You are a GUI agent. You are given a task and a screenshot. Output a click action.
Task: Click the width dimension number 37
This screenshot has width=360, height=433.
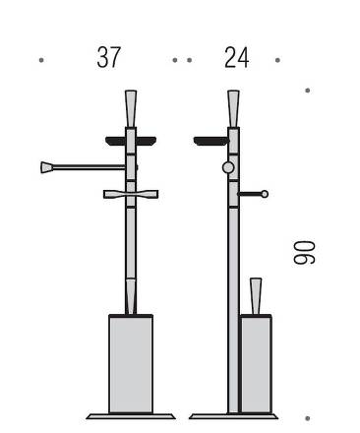coord(109,57)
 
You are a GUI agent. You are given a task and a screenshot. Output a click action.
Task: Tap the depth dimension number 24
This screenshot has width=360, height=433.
coord(237,57)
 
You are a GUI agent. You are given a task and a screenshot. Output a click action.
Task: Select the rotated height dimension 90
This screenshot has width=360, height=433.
coord(304,252)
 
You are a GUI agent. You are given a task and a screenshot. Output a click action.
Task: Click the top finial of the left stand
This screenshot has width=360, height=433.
coord(131,108)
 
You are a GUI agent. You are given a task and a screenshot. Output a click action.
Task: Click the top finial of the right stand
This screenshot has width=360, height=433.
coord(233,108)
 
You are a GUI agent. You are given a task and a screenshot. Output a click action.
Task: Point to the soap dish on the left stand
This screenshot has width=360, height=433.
coord(131,141)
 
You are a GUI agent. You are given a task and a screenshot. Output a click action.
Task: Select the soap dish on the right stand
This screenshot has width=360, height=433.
coord(211,141)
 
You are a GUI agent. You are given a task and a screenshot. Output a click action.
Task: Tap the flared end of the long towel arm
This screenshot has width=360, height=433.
coord(46,167)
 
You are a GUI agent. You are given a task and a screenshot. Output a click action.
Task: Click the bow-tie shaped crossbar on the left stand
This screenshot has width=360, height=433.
coord(131,194)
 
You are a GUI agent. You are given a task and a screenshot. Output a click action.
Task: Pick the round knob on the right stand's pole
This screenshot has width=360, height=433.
coord(228,167)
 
